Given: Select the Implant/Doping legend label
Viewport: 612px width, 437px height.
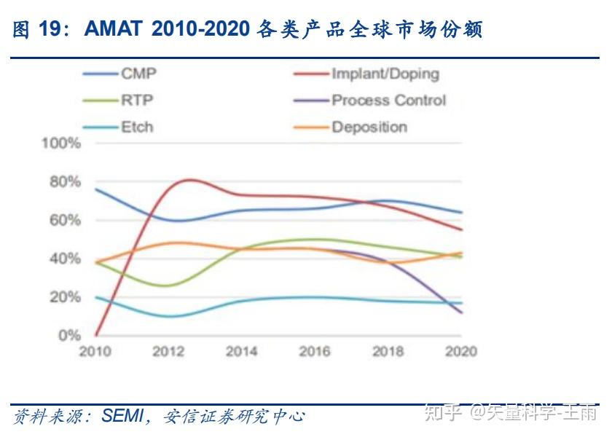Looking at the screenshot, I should pyautogui.click(x=385, y=74).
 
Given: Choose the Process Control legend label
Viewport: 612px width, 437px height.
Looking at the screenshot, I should pyautogui.click(x=388, y=101).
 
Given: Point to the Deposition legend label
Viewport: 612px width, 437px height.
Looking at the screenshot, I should pyautogui.click(x=369, y=127).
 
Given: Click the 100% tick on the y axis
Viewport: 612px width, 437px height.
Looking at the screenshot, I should pyautogui.click(x=61, y=143).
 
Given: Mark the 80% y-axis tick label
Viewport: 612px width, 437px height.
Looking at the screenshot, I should pyautogui.click(x=64, y=181).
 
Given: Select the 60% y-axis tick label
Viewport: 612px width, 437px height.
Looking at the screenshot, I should pyautogui.click(x=64, y=220).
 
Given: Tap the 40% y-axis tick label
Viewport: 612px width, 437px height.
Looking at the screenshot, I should pyautogui.click(x=64, y=259).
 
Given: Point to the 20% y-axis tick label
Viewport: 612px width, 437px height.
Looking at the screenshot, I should pyautogui.click(x=64, y=297).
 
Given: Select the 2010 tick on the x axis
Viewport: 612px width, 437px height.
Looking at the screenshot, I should pyautogui.click(x=95, y=352).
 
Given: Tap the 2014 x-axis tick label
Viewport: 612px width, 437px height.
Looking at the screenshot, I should pyautogui.click(x=241, y=352).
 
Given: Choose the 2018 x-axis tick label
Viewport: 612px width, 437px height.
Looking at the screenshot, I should pyautogui.click(x=388, y=352).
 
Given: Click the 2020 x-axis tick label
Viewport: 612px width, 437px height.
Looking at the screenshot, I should pyautogui.click(x=460, y=352).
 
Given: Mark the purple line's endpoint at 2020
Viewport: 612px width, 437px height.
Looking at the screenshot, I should pyautogui.click(x=462, y=313).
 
